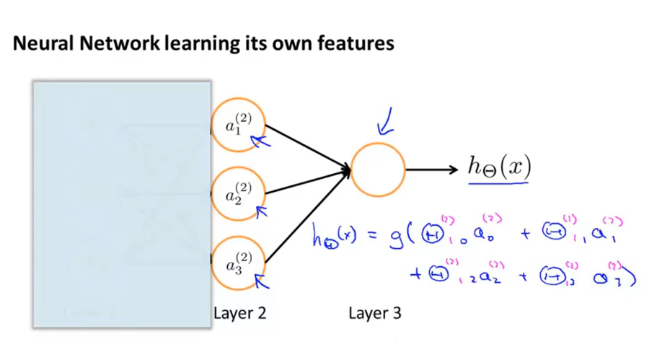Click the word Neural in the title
(x=40, y=44)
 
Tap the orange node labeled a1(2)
(x=238, y=125)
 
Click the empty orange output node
(x=378, y=170)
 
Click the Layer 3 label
(x=375, y=313)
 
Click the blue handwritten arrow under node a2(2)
(x=261, y=211)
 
